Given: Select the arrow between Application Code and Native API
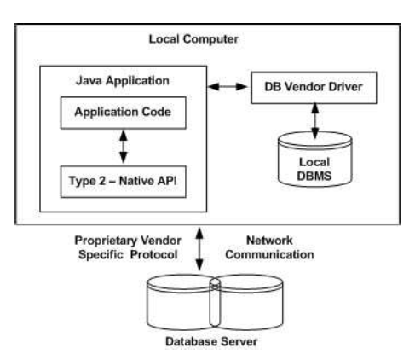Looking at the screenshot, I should pos(122,147).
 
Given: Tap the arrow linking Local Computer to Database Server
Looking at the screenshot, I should pos(199,249).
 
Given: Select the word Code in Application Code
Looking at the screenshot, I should pos(159,112).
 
